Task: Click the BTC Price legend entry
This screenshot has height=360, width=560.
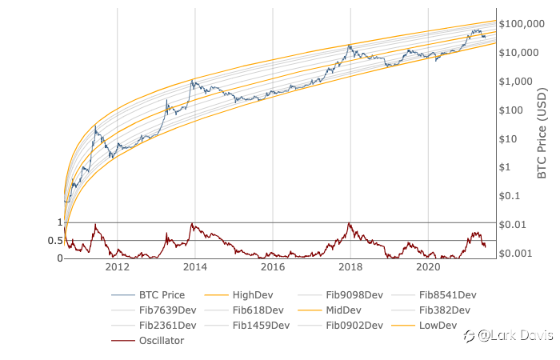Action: [162, 294]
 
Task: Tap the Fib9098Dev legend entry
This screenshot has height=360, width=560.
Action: [356, 294]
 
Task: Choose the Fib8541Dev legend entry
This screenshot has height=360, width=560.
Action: [448, 294]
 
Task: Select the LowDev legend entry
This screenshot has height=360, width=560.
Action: [438, 325]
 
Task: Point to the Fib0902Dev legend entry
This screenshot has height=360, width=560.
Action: [356, 325]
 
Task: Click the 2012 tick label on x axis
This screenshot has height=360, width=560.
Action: [118, 268]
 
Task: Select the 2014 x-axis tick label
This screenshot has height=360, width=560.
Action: [195, 268]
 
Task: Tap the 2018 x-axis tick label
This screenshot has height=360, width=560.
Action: [350, 268]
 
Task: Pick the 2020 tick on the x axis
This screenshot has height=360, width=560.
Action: [428, 268]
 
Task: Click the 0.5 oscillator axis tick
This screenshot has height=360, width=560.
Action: [55, 241]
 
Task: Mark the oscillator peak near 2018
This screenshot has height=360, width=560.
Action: [350, 223]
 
